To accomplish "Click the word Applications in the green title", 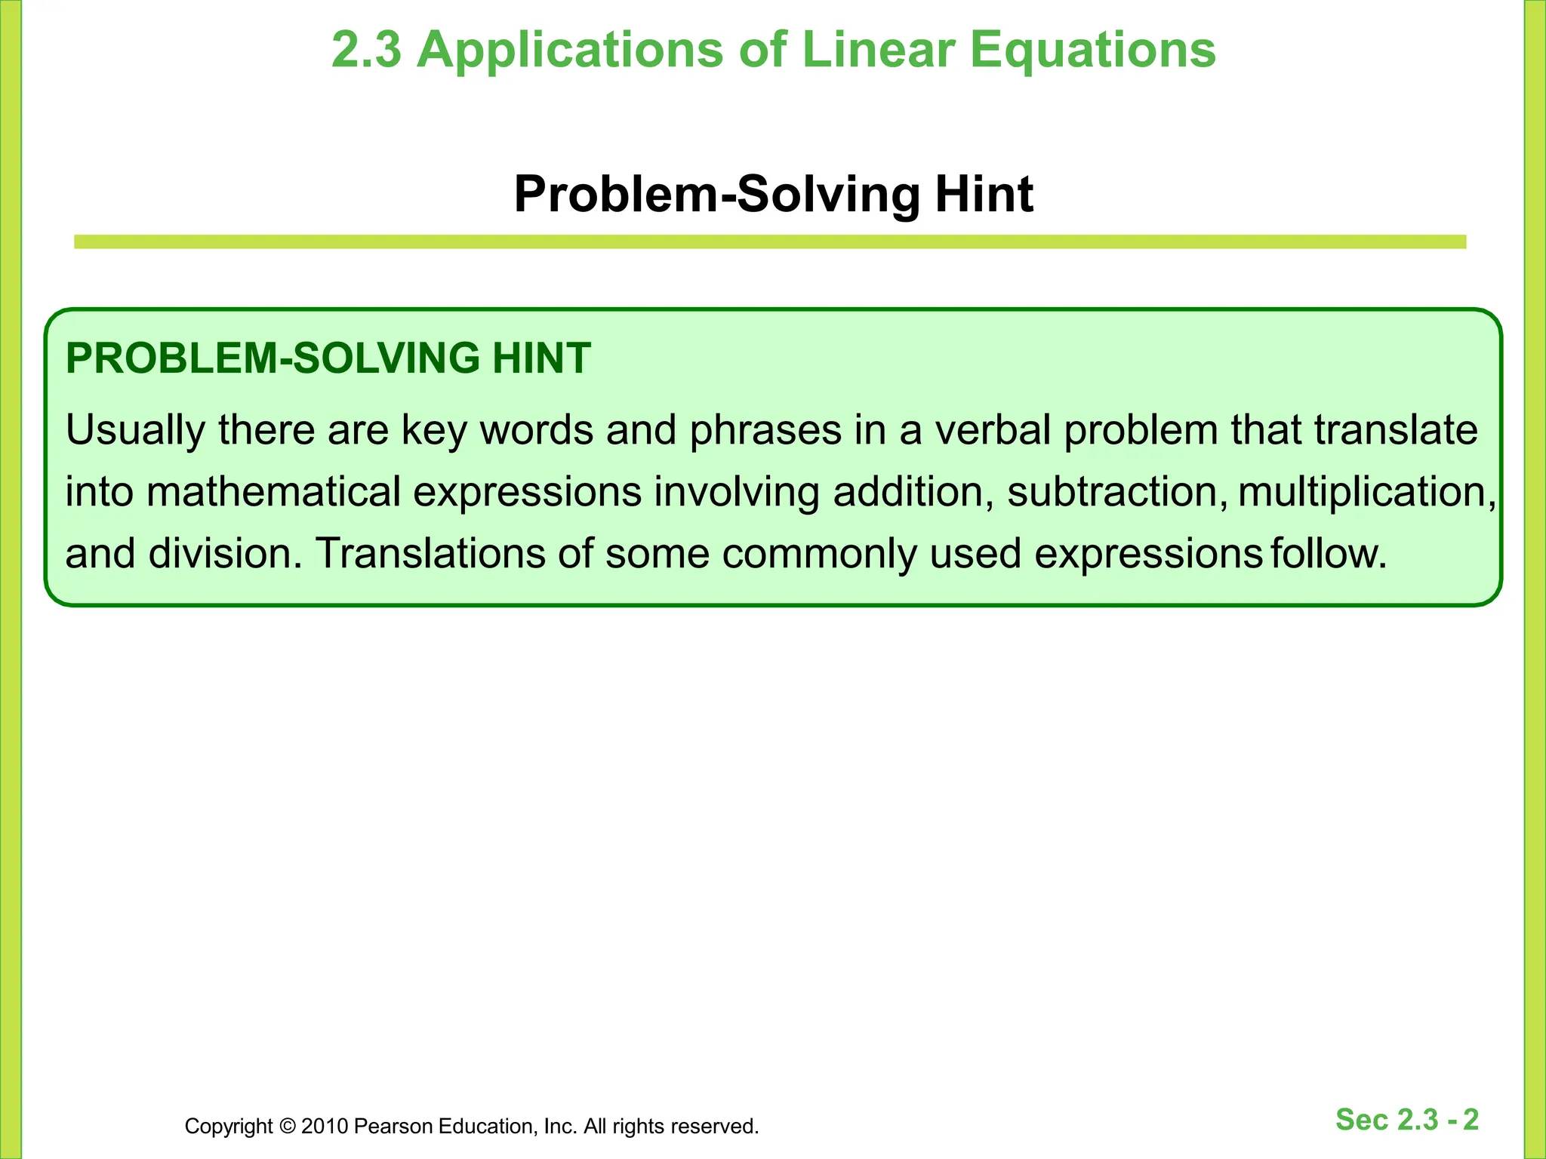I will coord(570,51).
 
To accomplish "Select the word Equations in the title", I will coord(1092,51).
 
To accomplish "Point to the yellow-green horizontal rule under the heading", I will coord(770,242).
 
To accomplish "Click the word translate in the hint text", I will coord(1396,430).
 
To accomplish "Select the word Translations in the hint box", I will coord(430,554).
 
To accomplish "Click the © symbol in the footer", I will coord(287,1127).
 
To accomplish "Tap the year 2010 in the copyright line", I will coord(325,1127).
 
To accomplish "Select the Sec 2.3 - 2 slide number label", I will coord(1407,1120).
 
